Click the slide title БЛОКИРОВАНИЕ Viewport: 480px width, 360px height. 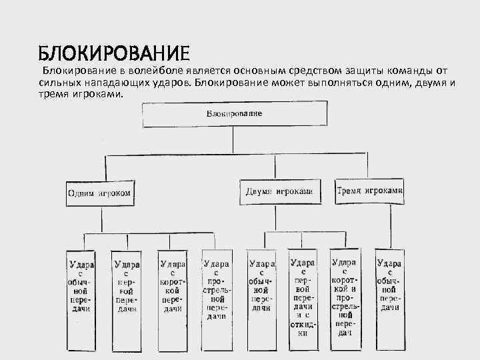coord(114,53)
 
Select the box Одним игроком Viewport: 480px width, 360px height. coord(99,193)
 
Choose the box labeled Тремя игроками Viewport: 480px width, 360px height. coord(370,190)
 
